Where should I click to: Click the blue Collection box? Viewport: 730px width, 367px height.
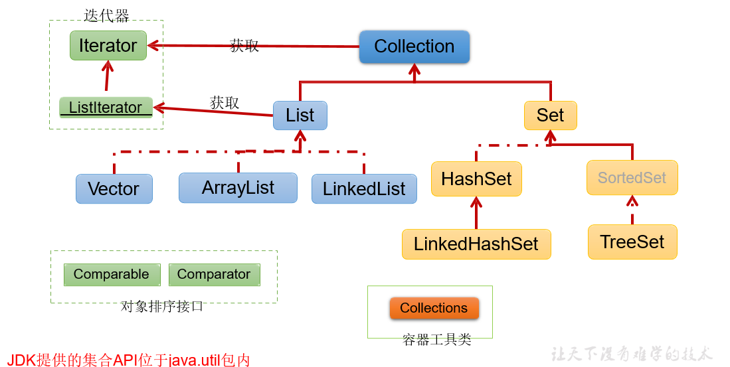coord(414,46)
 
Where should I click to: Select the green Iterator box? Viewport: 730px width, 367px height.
coord(108,46)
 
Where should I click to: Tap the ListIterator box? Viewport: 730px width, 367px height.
coord(106,108)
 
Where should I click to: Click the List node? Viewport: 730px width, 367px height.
coord(300,115)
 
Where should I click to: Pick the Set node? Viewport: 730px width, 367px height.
coord(550,115)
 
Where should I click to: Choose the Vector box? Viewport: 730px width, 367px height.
coord(114,189)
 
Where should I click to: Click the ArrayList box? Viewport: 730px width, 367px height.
coord(238,188)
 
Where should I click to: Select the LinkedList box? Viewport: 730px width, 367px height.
coord(364,189)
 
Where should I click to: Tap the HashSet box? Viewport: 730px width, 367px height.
coord(476,179)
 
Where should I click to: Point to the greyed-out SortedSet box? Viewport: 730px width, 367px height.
coord(632,178)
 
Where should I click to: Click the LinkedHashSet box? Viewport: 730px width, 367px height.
coord(476,244)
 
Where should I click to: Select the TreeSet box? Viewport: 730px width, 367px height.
coord(632,242)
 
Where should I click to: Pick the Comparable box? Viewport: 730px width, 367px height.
coord(112,275)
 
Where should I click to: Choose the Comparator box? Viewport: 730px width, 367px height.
coord(214,275)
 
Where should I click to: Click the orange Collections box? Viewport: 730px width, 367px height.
coord(434,308)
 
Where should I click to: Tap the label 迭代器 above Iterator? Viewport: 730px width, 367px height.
coord(107,17)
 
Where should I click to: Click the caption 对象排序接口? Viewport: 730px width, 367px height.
coord(162,306)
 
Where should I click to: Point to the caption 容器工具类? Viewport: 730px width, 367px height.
coord(436,340)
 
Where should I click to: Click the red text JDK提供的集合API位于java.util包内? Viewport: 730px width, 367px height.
coord(128,360)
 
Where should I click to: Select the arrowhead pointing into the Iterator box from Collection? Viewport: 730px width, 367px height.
coord(153,45)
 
